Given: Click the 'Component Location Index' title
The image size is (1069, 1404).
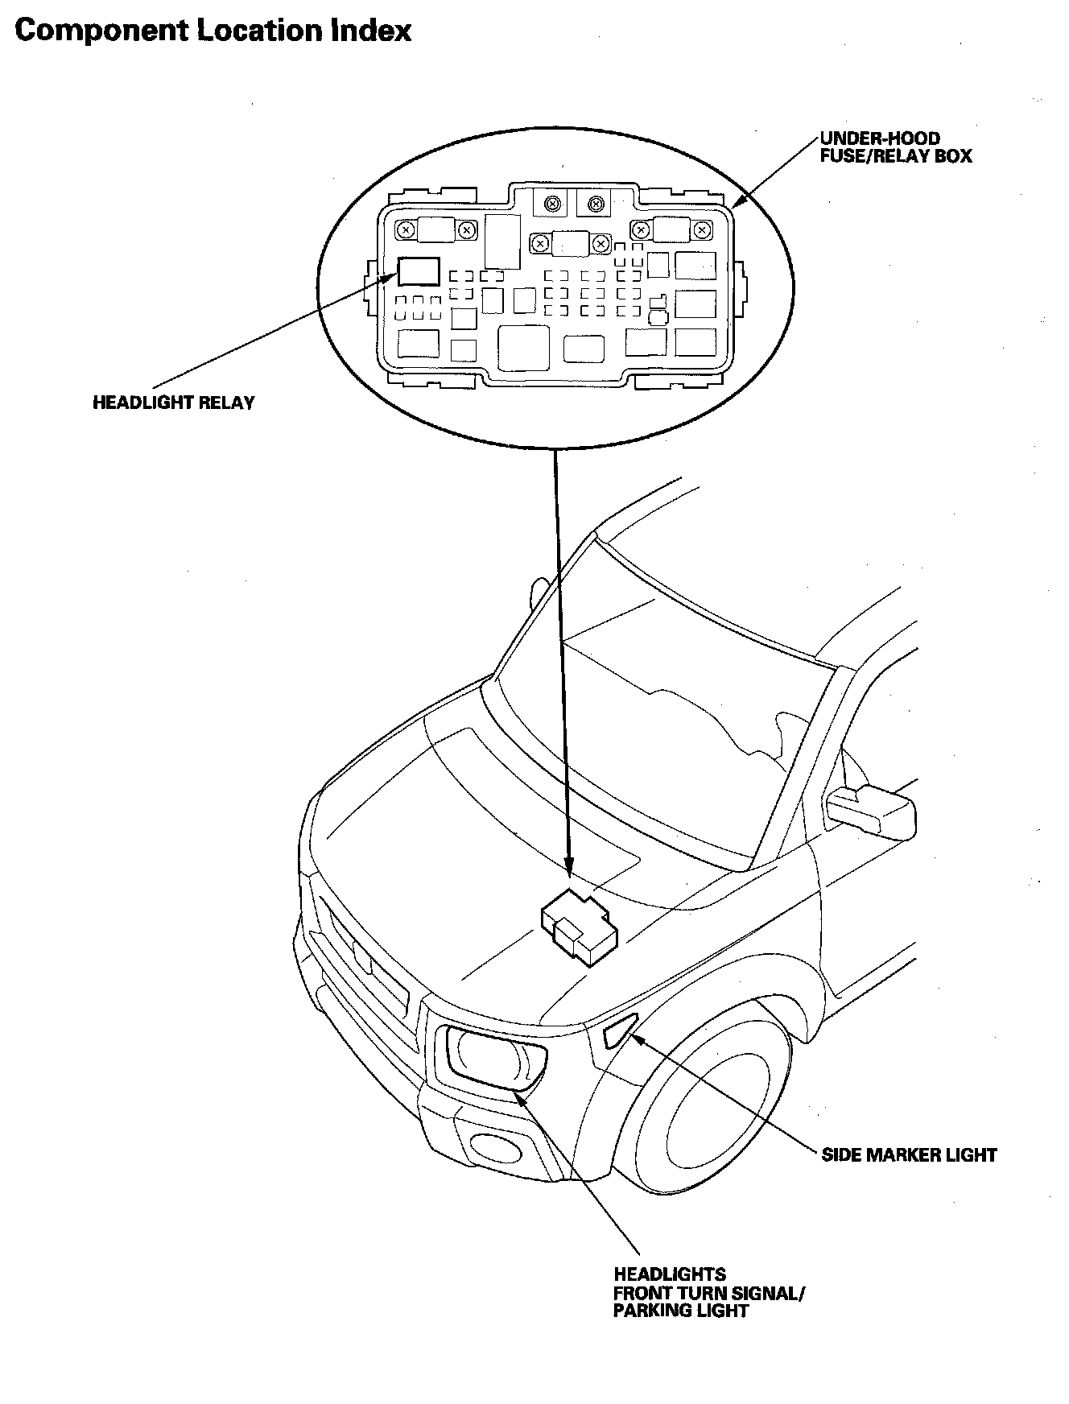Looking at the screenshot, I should click(x=213, y=31).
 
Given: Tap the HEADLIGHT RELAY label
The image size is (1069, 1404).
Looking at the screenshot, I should click(x=173, y=403).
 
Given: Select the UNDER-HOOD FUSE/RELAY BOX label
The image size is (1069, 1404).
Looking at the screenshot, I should click(x=895, y=147).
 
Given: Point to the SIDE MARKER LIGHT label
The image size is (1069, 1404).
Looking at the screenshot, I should click(x=909, y=1155).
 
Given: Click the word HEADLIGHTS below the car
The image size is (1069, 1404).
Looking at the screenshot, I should click(x=670, y=1274).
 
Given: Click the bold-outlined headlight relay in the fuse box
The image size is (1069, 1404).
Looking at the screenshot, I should click(x=419, y=271).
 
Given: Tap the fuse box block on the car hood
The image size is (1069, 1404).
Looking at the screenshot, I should click(x=579, y=926).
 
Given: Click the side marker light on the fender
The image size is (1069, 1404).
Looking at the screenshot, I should click(x=617, y=1033).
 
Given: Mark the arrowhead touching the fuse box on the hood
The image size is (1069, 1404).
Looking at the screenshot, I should click(x=569, y=869).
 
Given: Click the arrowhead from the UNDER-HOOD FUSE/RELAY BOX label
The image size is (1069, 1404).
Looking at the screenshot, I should click(x=737, y=202).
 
